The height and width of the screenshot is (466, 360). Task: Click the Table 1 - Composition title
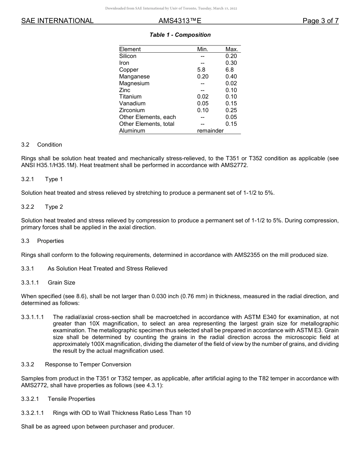[x=180, y=35]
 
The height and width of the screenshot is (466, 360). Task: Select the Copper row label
[x=129, y=70]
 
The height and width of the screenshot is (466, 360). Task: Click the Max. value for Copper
[x=230, y=70]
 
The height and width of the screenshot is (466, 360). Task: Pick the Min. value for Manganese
[x=203, y=77]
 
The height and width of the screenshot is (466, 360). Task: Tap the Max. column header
[x=232, y=49]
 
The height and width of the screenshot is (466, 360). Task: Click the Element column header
[x=130, y=49]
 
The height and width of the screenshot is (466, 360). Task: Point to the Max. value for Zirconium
[x=231, y=110]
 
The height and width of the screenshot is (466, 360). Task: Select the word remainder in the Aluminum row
[x=210, y=131]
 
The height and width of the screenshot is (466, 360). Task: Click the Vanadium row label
[x=132, y=103]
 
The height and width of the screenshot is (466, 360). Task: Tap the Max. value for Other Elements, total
[x=231, y=124]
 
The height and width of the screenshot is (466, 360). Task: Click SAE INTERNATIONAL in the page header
[x=57, y=21]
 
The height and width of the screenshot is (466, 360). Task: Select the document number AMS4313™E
[x=180, y=21]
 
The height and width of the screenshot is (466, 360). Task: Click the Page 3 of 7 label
[x=320, y=21]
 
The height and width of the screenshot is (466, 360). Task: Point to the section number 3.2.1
[x=28, y=179]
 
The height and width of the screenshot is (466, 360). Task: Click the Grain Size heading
[x=61, y=283]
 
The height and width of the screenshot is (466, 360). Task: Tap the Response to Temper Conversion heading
[x=88, y=364]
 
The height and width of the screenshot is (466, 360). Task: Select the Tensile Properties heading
[x=71, y=399]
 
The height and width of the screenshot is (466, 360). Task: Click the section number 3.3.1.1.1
[x=33, y=317]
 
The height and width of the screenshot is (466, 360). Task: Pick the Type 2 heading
[x=54, y=207]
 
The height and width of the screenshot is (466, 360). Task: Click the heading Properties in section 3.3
[x=50, y=241]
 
